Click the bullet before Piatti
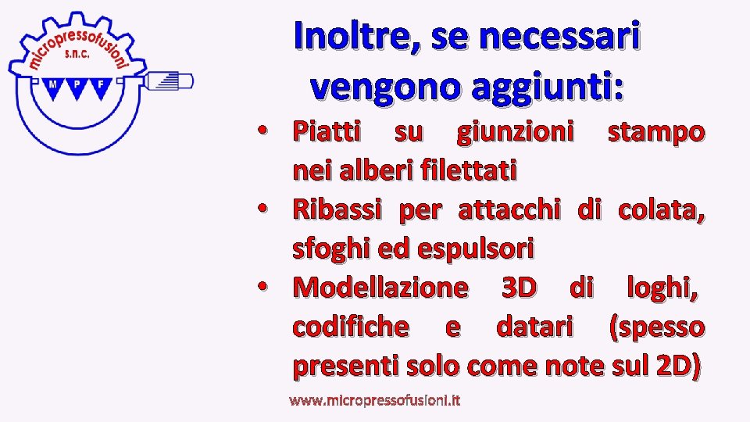[x=266, y=131]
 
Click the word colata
[x=661, y=209]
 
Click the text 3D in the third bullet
[x=518, y=288]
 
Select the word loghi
[x=661, y=288]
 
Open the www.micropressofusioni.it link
[x=374, y=400]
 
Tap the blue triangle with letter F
[x=100, y=87]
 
